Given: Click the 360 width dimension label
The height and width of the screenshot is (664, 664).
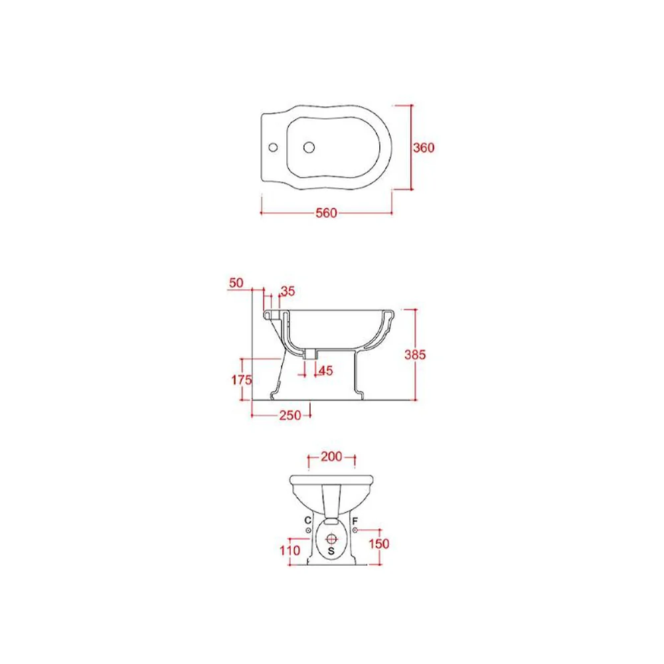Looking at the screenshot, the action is [x=424, y=147].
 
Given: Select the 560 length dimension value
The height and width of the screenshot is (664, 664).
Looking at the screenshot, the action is [x=326, y=213].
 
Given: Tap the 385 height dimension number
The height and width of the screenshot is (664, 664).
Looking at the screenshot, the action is [x=415, y=355].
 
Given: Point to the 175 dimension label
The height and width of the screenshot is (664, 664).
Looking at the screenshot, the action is [x=242, y=380].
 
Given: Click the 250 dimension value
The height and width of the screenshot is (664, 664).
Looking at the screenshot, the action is [x=290, y=416].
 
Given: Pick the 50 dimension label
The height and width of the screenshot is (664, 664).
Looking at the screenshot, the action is [x=236, y=282].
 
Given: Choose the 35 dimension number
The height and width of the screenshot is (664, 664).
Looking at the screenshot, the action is [x=288, y=291].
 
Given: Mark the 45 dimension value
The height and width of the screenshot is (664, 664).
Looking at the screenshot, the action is [x=325, y=371].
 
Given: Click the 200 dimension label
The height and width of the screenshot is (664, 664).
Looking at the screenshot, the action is [x=331, y=457].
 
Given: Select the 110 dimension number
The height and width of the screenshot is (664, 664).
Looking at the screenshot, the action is [x=290, y=550].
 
